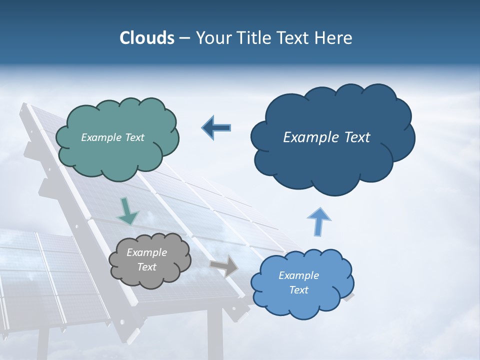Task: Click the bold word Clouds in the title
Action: (x=146, y=38)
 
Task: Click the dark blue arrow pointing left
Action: (x=217, y=127)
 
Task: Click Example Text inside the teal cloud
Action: (x=112, y=137)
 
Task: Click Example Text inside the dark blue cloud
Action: (x=326, y=137)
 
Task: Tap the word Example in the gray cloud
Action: (x=146, y=252)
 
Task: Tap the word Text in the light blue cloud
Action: (x=298, y=290)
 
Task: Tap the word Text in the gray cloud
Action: (x=146, y=267)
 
